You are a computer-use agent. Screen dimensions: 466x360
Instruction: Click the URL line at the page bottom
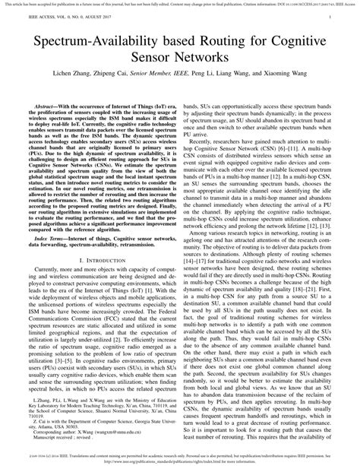[x=179, y=461]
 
